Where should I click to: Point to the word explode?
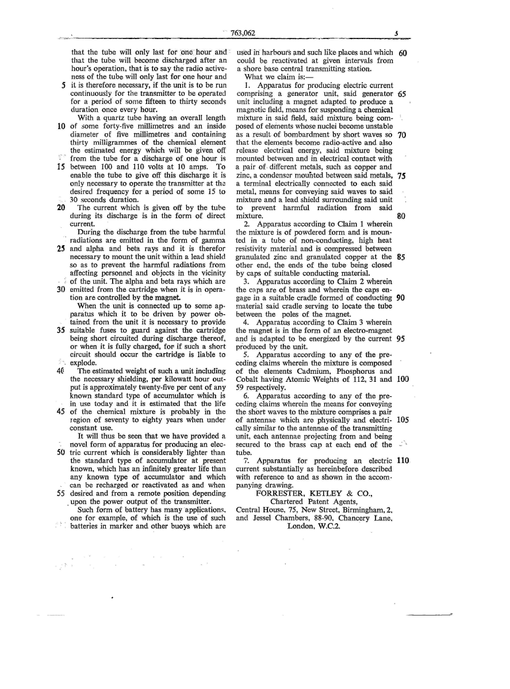84,363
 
